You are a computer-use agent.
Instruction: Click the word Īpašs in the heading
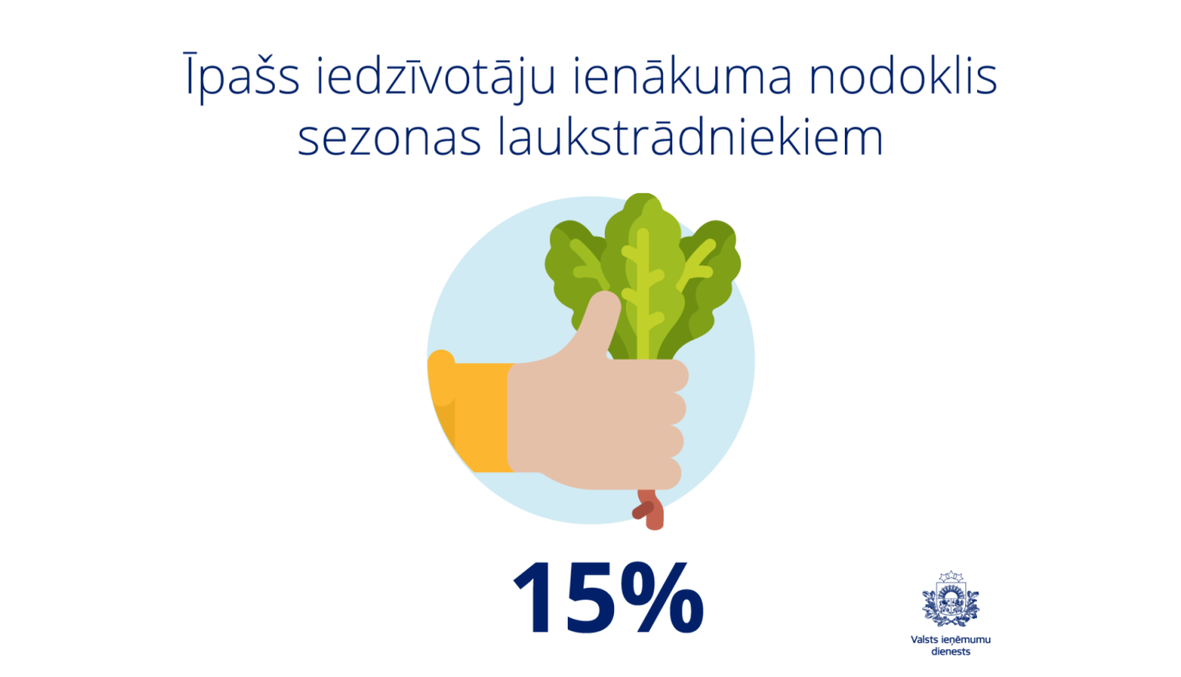pyautogui.click(x=242, y=77)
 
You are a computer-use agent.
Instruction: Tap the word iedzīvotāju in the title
pyautogui.click(x=436, y=77)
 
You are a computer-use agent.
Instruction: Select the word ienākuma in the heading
pyautogui.click(x=682, y=77)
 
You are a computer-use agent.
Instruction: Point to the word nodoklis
pyautogui.click(x=903, y=77)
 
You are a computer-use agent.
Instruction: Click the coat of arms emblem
pyautogui.click(x=950, y=600)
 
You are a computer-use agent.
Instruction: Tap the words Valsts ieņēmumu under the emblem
pyautogui.click(x=950, y=640)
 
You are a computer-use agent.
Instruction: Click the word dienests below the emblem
pyautogui.click(x=950, y=652)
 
